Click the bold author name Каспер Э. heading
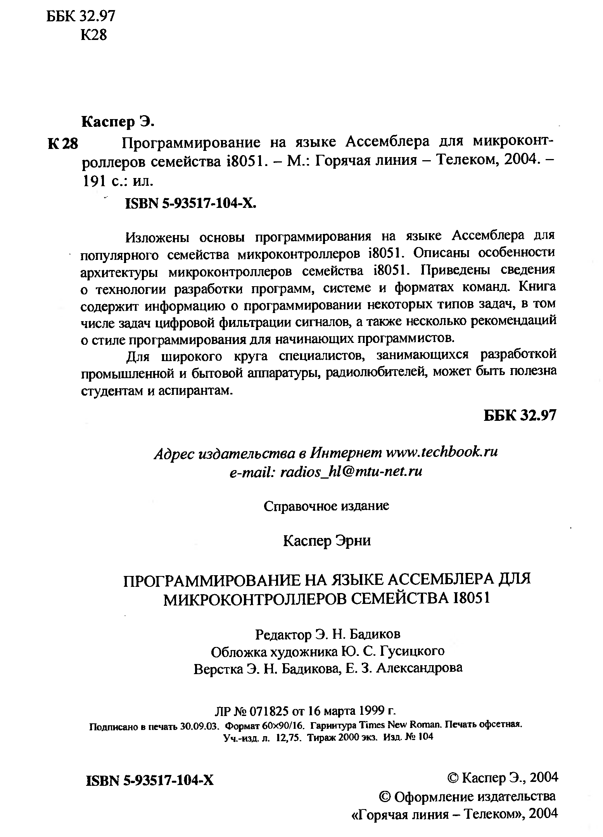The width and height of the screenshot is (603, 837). pos(118,122)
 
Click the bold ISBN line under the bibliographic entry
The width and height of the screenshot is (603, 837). pos(191,203)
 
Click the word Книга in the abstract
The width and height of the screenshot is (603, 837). pos(537,287)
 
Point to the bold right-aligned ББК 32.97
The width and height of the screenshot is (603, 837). pos(520,415)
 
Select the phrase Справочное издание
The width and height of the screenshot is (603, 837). pos(326,506)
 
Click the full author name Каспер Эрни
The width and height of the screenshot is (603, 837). pos(327,540)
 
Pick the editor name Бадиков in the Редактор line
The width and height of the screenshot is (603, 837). pos(375,635)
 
